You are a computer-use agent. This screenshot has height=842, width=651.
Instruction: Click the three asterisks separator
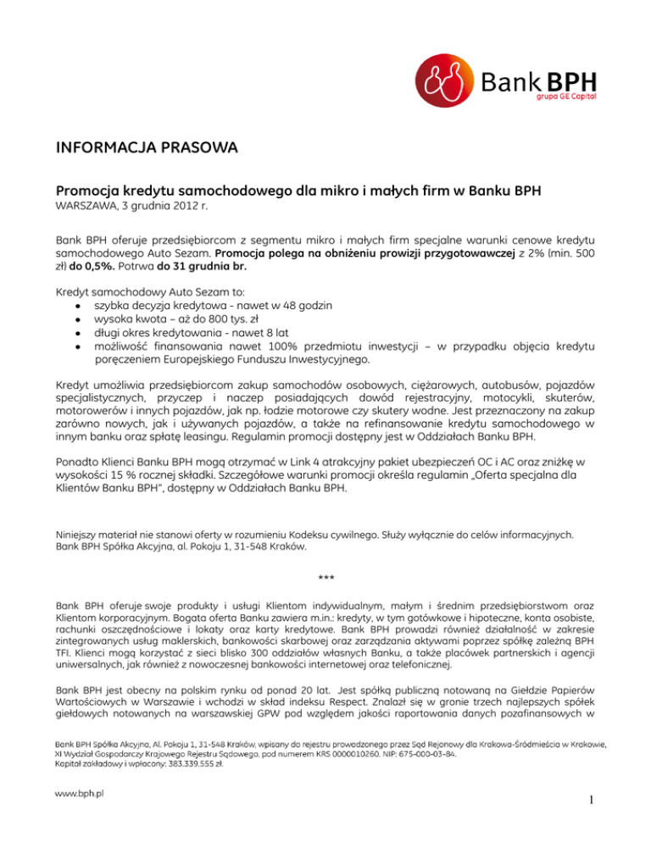click(x=325, y=579)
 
